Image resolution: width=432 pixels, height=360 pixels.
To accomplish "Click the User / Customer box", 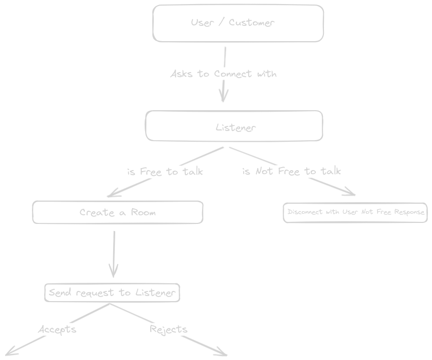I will pos(238,23).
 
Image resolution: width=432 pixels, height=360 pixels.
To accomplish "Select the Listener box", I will pos(234,126).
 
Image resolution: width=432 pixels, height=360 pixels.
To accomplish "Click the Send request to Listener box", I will pos(112,292).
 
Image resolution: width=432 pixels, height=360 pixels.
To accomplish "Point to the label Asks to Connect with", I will pos(223,74).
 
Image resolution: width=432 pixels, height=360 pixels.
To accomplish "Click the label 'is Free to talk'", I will pos(165,172).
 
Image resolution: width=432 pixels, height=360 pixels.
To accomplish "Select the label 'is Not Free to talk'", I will pos(291,171).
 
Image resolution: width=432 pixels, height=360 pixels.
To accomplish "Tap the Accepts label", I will pos(57,330).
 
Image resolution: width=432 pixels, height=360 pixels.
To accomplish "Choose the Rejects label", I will pos(169,330).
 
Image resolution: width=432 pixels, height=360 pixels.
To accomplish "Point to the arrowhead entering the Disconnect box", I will pos(351,193).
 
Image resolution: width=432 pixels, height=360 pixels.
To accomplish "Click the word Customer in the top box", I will pos(252,23).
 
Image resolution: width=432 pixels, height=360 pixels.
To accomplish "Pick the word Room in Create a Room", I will pos(143,212).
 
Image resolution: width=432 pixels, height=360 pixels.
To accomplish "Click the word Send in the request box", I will pos(59,292).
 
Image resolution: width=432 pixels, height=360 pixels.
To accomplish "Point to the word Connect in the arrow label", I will pos(233,74).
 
